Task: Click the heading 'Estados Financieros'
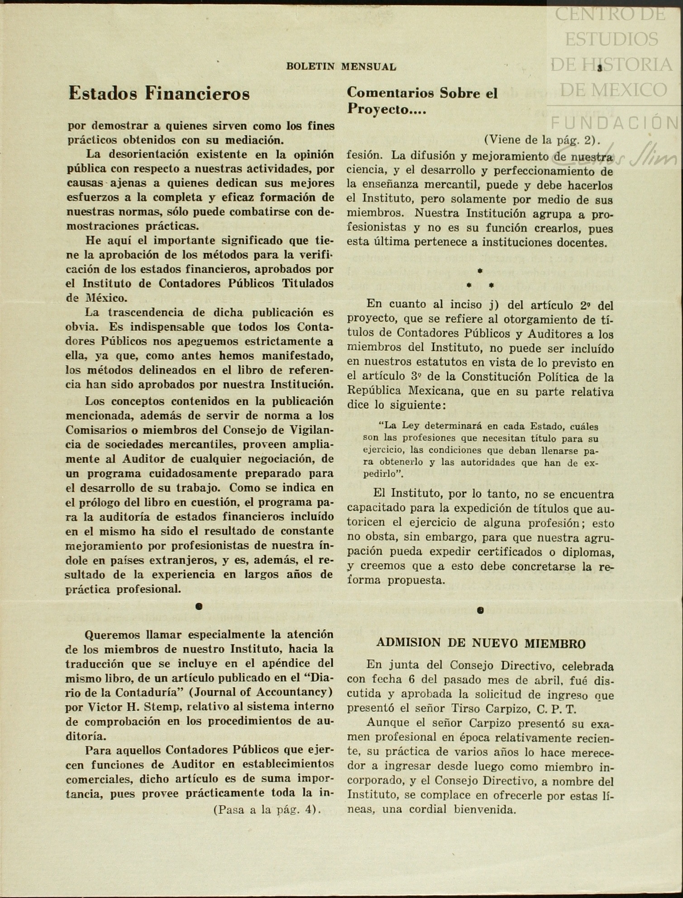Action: pos(159,94)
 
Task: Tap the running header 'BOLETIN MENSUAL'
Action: pos(341,67)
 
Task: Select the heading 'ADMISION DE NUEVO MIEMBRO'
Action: pos(481,643)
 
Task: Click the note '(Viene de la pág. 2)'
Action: pos(542,139)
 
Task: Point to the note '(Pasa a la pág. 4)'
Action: pos(267,809)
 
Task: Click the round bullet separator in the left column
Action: pos(199,607)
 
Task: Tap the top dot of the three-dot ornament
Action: pos(480,271)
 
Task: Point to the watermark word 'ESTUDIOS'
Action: pos(611,39)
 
